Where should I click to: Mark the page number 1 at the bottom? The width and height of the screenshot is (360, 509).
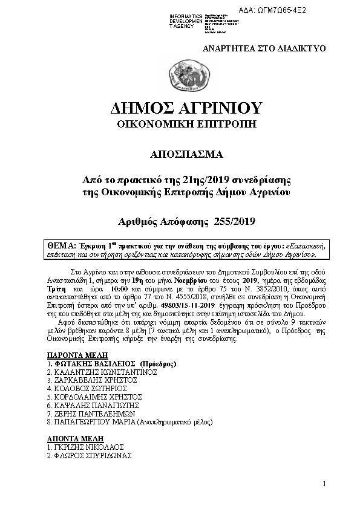324,483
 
